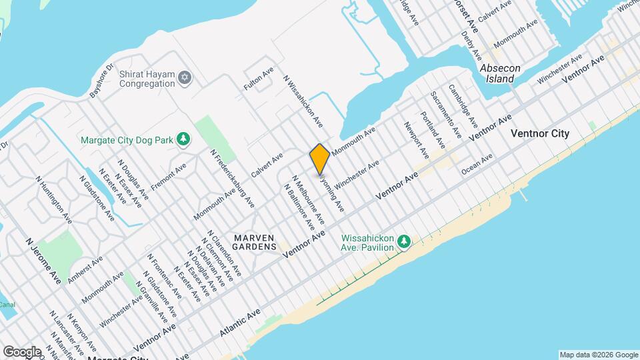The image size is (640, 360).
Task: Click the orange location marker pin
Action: tap(320, 158)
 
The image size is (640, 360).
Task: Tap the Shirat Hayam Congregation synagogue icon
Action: tap(185, 79)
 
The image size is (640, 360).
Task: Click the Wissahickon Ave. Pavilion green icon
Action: tap(403, 241)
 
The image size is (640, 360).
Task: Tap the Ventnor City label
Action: tap(539, 133)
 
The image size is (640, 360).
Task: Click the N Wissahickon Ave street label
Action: tap(303, 101)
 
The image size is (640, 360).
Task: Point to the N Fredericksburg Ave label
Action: tap(233, 178)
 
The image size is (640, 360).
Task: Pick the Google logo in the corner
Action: tap(21, 351)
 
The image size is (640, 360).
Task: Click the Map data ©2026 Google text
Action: tap(598, 354)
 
